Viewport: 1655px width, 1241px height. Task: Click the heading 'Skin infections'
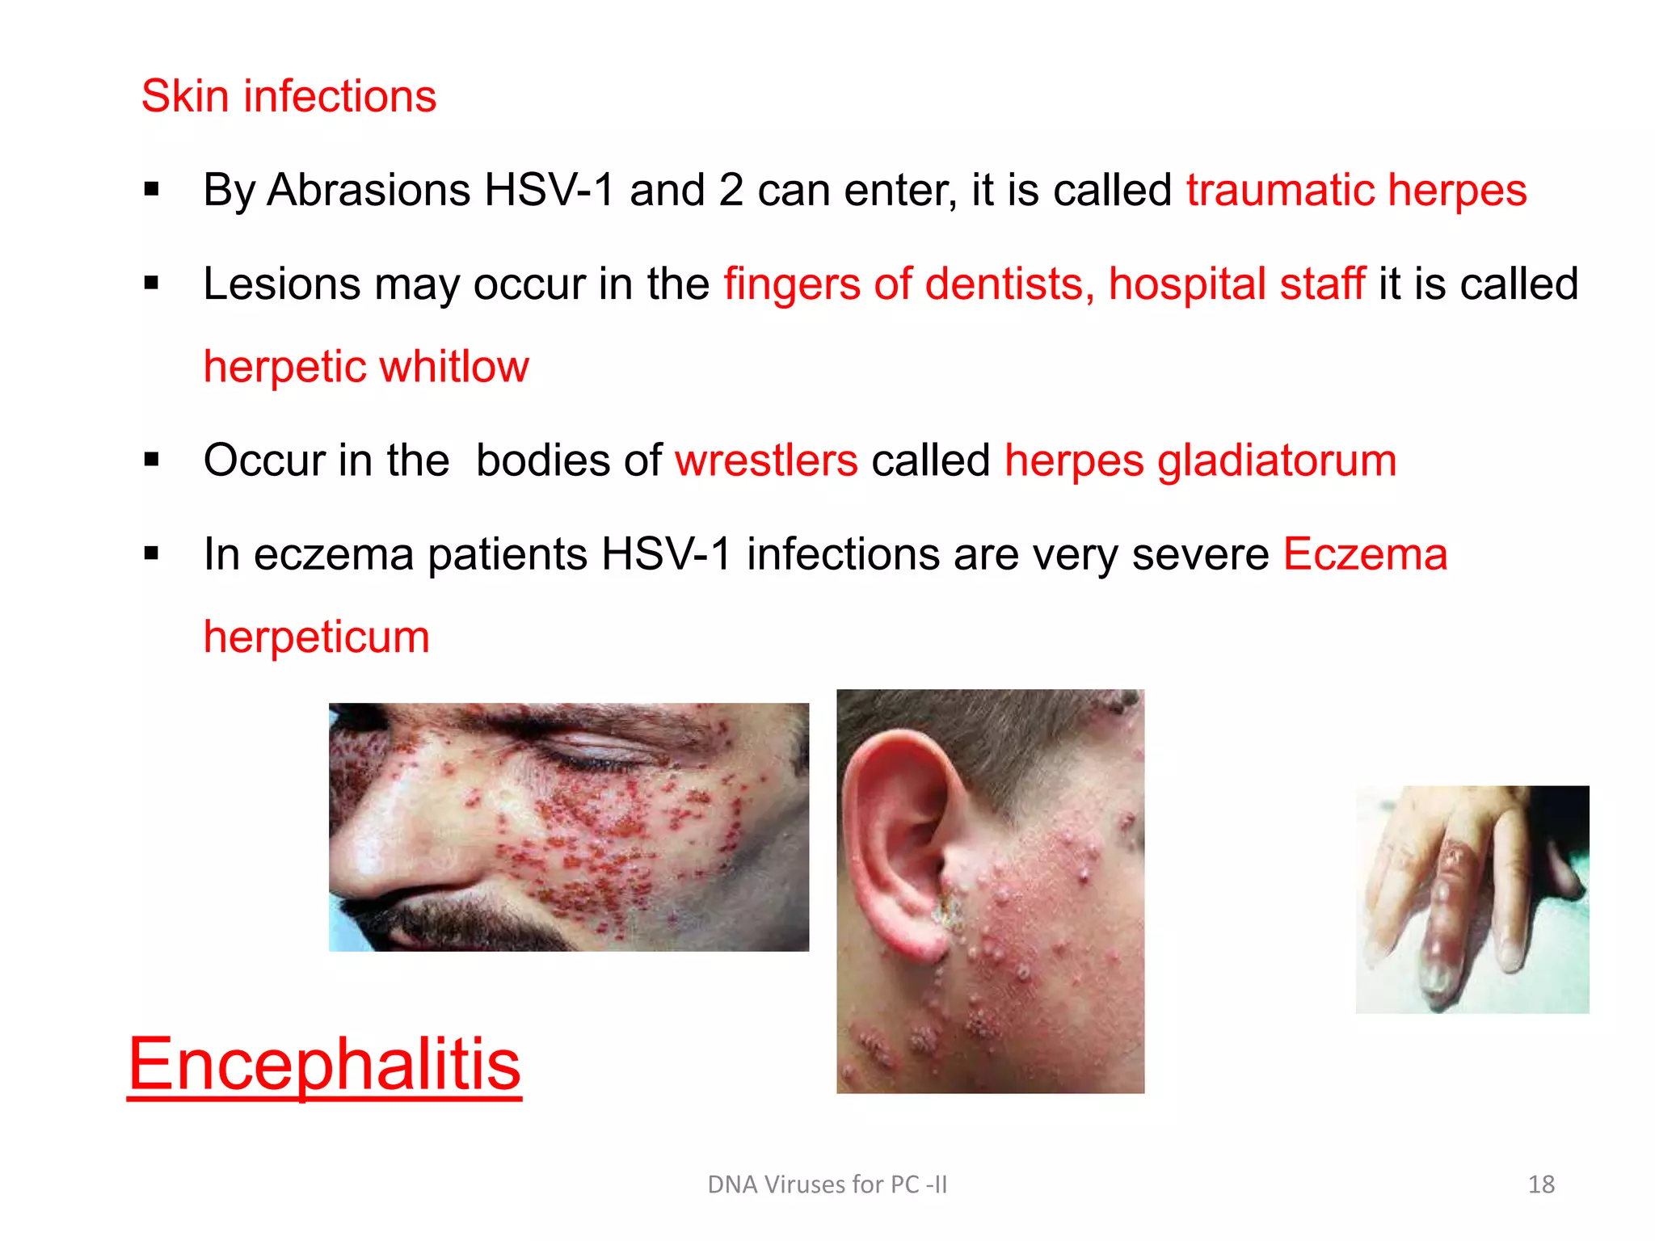pos(288,96)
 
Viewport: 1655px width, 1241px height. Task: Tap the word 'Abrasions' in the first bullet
pos(368,191)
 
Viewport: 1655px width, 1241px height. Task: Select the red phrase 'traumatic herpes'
pos(1356,191)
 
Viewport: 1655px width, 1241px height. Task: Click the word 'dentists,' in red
pos(1009,284)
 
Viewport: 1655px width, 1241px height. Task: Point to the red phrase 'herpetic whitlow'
pos(366,367)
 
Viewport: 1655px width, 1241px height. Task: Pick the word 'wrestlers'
pos(766,461)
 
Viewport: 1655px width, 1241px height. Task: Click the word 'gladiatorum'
pos(1277,461)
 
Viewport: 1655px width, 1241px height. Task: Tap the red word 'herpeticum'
pos(316,637)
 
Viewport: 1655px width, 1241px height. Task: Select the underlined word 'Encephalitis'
pos(324,1064)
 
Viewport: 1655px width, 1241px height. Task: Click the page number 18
pos(1541,1184)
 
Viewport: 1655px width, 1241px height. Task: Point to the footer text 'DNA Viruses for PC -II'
pos(827,1184)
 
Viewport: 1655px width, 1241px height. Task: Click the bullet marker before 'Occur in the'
pos(151,461)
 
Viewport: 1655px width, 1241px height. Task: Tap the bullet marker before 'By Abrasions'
pos(151,191)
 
